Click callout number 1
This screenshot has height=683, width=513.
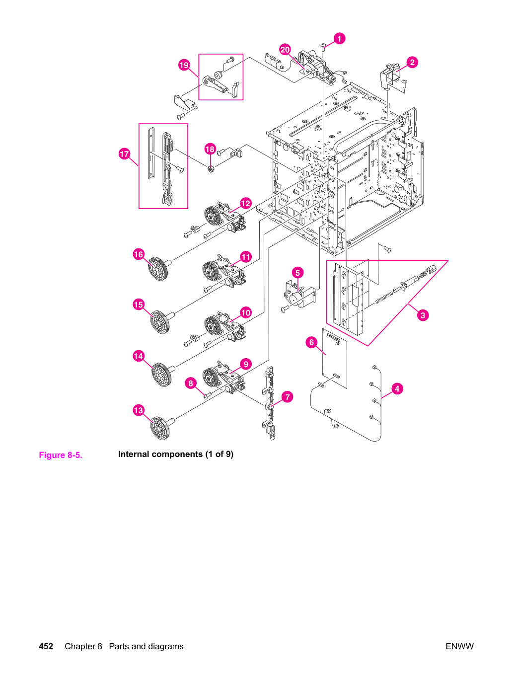pyautogui.click(x=339, y=39)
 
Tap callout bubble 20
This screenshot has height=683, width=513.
pyautogui.click(x=285, y=50)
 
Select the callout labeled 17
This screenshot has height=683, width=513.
pyautogui.click(x=124, y=153)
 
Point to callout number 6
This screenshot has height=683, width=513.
pyautogui.click(x=311, y=342)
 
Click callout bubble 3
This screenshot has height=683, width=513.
pyautogui.click(x=423, y=315)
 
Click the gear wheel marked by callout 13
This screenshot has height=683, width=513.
pyautogui.click(x=161, y=428)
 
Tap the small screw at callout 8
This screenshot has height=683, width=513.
pyautogui.click(x=208, y=396)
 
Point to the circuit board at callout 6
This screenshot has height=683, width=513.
pyautogui.click(x=334, y=358)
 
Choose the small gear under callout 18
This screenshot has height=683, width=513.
pyautogui.click(x=211, y=169)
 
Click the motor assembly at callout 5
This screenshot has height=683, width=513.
pyautogui.click(x=299, y=294)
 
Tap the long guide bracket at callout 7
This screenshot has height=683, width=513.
pyautogui.click(x=269, y=403)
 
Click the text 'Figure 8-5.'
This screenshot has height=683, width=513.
pyautogui.click(x=61, y=455)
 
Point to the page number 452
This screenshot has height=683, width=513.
pyautogui.click(x=46, y=646)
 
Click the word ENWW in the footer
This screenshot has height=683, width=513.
pyautogui.click(x=459, y=646)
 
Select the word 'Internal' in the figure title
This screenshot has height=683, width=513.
pyautogui.click(x=134, y=455)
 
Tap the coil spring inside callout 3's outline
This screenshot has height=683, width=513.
pyautogui.click(x=384, y=298)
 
